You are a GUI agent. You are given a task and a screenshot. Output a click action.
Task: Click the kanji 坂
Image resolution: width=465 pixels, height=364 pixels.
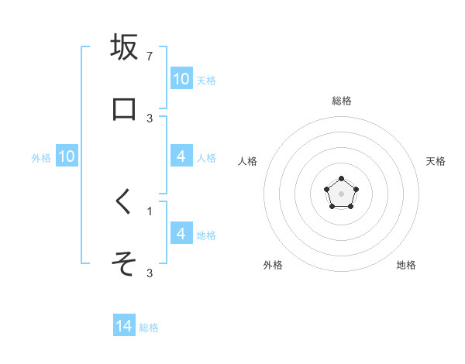coord(124,47)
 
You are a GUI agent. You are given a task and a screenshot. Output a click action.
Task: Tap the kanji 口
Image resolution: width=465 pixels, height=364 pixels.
coord(124,108)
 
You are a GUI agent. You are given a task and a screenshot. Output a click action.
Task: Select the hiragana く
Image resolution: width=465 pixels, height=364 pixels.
coord(124,204)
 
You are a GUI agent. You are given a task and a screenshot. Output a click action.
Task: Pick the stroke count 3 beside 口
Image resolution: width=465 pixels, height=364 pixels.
coord(150,118)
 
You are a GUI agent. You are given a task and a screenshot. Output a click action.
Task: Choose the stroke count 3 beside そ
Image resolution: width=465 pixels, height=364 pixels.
coord(150,273)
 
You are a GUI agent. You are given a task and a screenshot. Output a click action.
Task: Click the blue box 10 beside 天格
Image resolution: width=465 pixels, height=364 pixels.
coord(181,79)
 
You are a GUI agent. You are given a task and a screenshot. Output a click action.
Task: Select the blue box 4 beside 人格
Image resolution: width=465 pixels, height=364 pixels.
coord(181,156)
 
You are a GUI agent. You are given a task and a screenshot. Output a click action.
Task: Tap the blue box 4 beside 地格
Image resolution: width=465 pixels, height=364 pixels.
coord(181,233)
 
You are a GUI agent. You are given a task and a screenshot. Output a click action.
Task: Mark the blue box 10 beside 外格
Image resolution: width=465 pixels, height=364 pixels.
coord(67,156)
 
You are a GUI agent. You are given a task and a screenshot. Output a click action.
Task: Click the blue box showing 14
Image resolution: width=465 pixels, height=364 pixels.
coord(124,326)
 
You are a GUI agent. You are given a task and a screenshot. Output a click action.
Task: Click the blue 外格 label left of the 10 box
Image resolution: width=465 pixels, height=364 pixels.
coord(41,158)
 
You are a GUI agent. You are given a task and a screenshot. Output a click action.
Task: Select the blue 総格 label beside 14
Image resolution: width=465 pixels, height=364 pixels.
coord(149,328)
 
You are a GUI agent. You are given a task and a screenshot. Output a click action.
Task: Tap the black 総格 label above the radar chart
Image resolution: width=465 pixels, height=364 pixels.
coord(342,101)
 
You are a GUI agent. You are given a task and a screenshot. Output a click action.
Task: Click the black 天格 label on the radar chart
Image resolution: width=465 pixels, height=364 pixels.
coord(436,161)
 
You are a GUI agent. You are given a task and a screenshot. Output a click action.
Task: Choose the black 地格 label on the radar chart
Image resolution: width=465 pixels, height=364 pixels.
coord(406,265)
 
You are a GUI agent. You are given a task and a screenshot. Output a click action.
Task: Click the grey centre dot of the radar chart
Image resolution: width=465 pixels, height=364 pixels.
coord(341,193)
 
